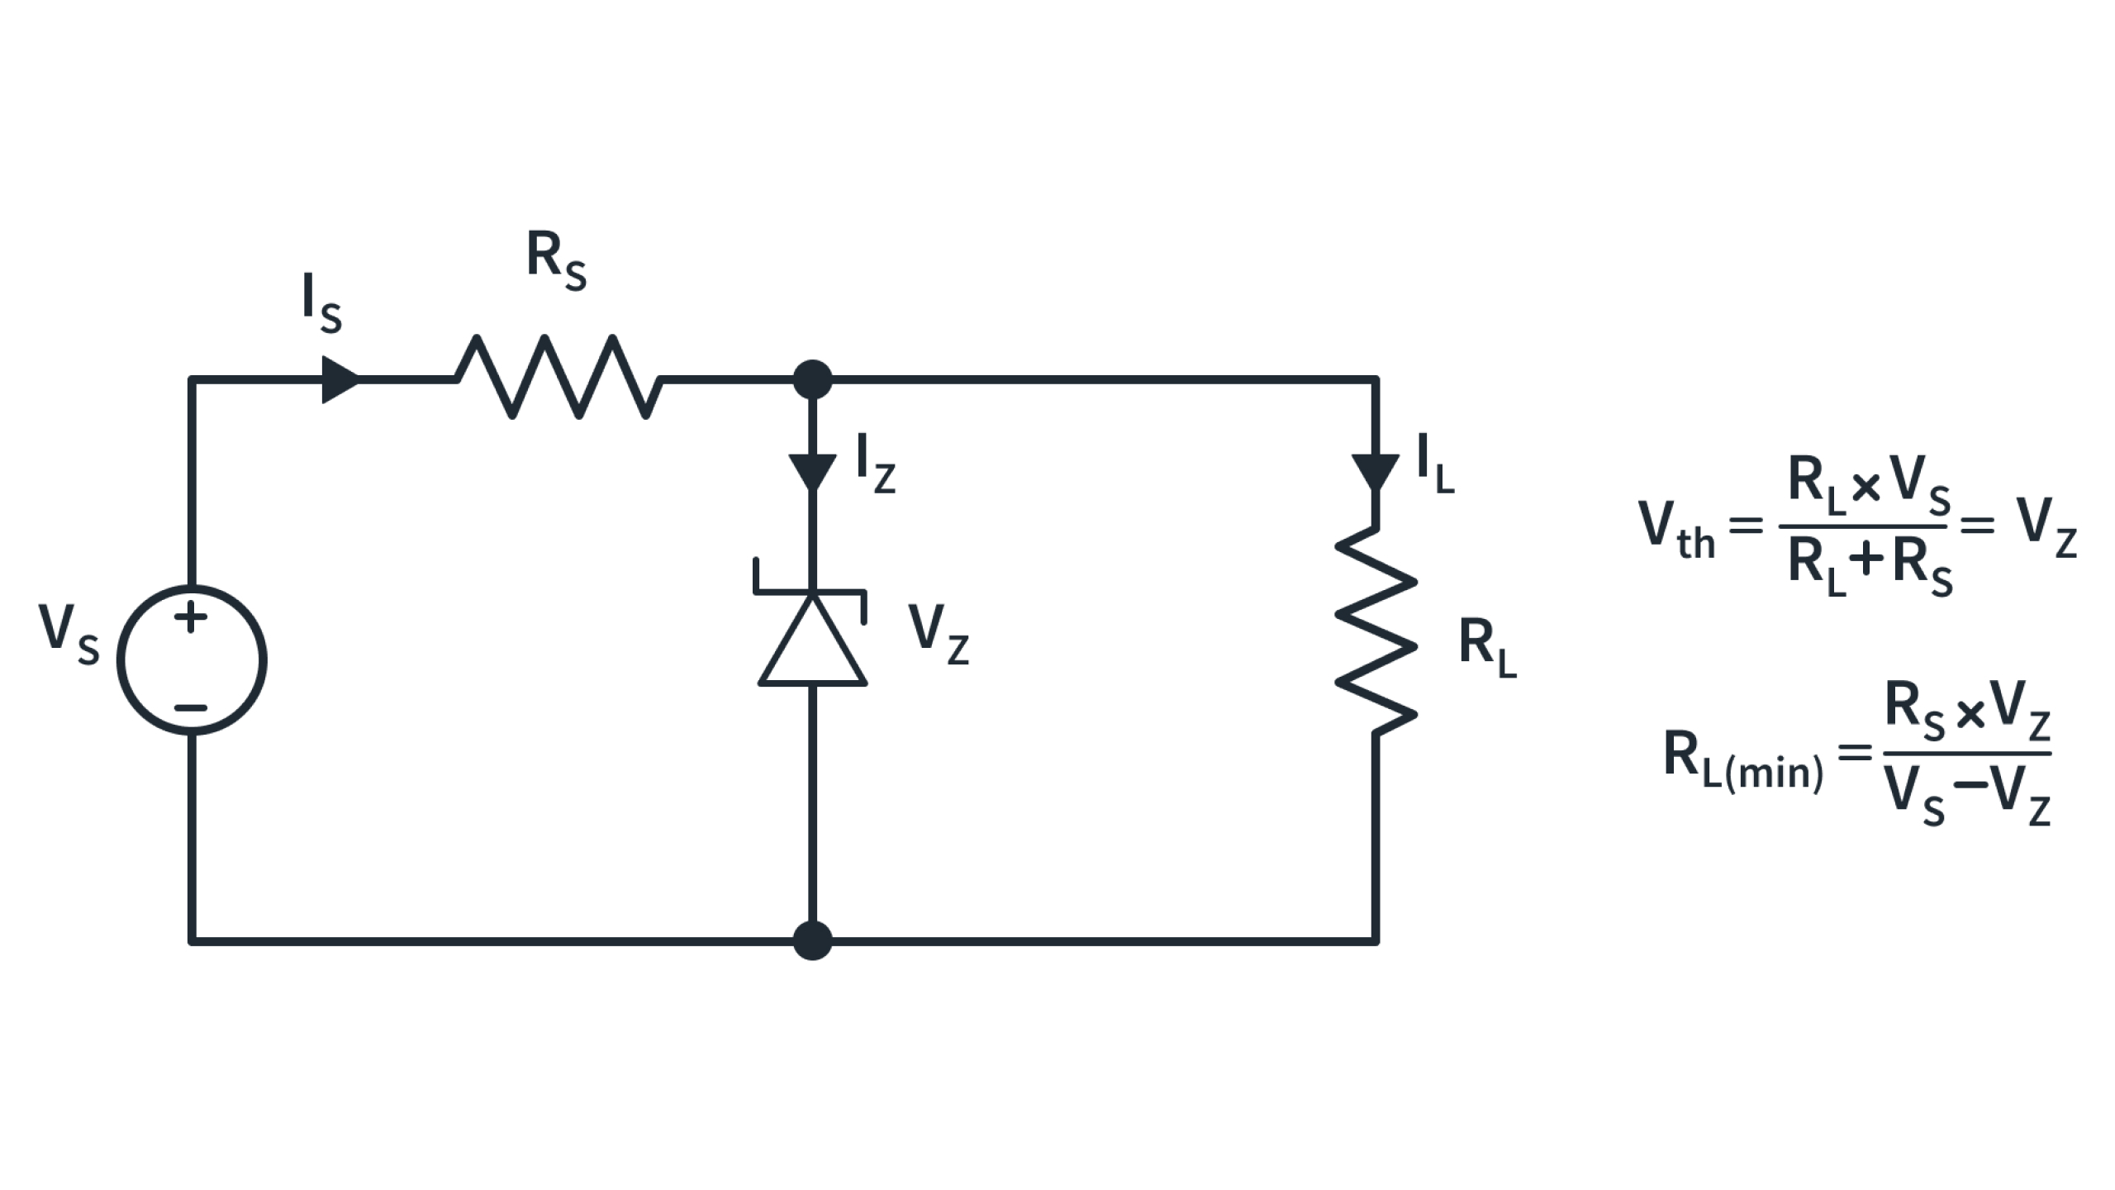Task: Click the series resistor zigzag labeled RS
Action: (x=559, y=378)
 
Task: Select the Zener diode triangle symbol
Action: (x=812, y=643)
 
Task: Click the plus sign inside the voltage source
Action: (x=191, y=616)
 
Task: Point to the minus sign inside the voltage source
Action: (x=191, y=708)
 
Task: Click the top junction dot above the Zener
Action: (x=812, y=379)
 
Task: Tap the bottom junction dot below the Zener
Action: (x=812, y=940)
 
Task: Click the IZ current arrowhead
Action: (x=812, y=471)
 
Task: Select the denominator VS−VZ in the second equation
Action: (x=1966, y=799)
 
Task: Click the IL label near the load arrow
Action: (x=1435, y=464)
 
